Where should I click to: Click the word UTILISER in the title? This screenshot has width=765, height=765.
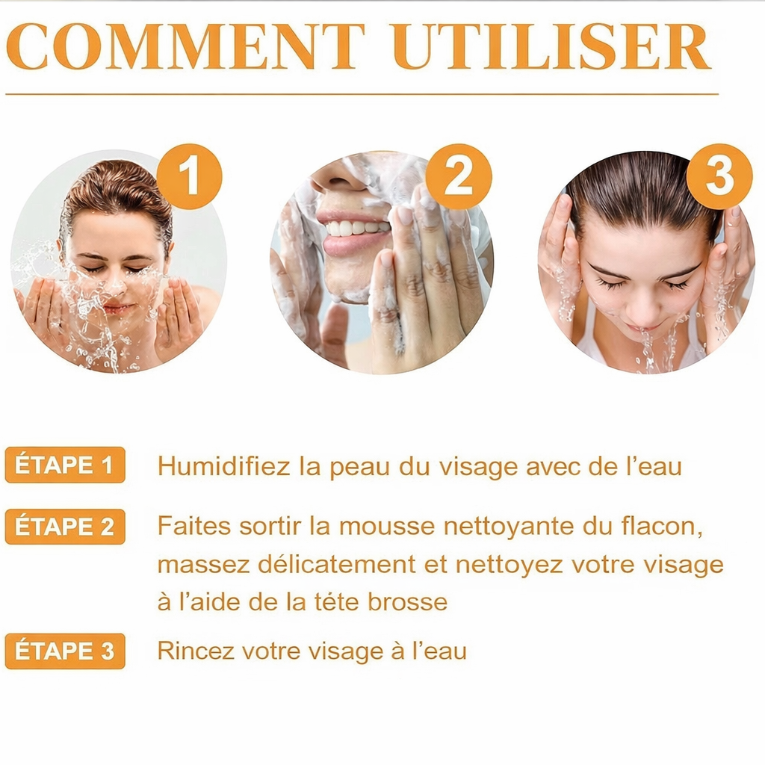[551, 47]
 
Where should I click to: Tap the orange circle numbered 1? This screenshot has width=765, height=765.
[189, 176]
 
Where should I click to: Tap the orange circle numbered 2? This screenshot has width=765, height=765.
[459, 176]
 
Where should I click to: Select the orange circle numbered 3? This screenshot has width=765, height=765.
[719, 176]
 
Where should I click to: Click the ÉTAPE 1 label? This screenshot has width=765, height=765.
[65, 465]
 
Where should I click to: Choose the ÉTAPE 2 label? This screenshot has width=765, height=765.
[65, 527]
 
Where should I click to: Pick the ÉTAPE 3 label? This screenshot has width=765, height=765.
[65, 651]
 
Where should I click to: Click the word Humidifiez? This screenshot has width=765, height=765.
[223, 466]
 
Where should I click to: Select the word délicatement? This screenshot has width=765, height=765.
[336, 565]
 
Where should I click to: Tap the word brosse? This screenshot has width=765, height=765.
[407, 601]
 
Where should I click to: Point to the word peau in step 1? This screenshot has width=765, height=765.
[359, 468]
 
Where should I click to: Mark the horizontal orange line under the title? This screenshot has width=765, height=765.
[362, 93]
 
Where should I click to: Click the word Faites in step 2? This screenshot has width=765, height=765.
[193, 527]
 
